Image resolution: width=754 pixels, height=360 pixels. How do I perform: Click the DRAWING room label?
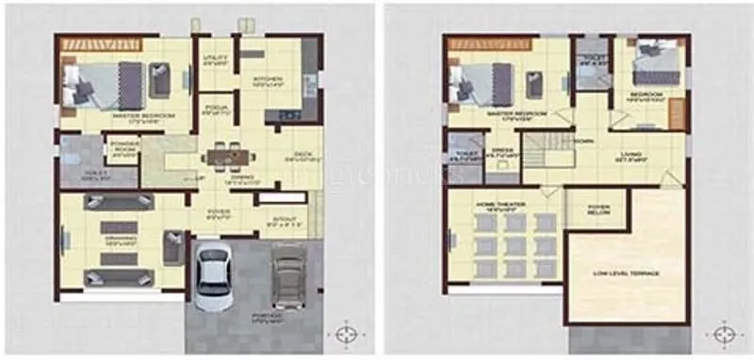pyautogui.click(x=120, y=238)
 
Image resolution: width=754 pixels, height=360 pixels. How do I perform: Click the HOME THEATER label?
pyautogui.click(x=500, y=204)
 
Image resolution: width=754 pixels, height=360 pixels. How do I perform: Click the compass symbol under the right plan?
pyautogui.click(x=724, y=334)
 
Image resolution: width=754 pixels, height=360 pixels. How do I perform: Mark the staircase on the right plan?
pyautogui.click(x=547, y=153)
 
